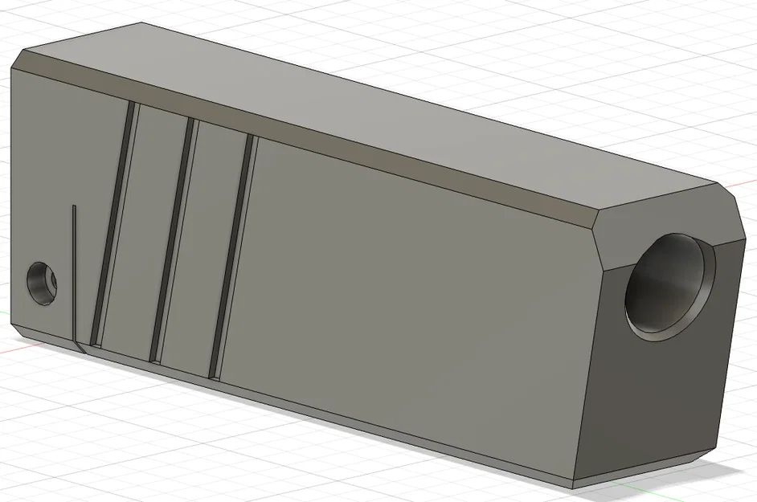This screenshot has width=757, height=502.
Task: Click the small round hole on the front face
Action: (x=42, y=283)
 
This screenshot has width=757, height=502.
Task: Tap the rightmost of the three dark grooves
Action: (x=231, y=255)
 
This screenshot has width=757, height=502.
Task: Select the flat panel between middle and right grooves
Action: (x=203, y=247)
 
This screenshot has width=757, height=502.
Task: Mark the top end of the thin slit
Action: (x=74, y=207)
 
